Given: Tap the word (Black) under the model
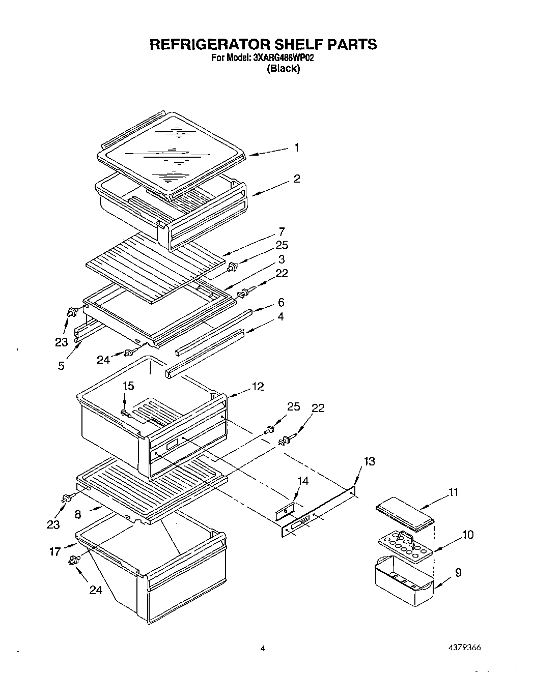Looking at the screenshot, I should pyautogui.click(x=284, y=69).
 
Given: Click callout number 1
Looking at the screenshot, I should pyautogui.click(x=296, y=148).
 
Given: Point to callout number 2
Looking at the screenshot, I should pyautogui.click(x=297, y=179).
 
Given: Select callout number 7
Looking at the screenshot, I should pyautogui.click(x=282, y=231).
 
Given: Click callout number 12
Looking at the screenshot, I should pyautogui.click(x=258, y=387).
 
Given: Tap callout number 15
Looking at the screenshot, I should pyautogui.click(x=128, y=386).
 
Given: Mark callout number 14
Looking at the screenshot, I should pyautogui.click(x=302, y=480).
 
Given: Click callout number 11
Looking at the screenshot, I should pyautogui.click(x=453, y=492).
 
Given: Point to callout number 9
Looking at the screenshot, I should pyautogui.click(x=458, y=572).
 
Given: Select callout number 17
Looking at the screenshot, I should pyautogui.click(x=55, y=550).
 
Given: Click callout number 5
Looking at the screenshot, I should pyautogui.click(x=61, y=365).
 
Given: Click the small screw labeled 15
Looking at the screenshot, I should pyautogui.click(x=125, y=413).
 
